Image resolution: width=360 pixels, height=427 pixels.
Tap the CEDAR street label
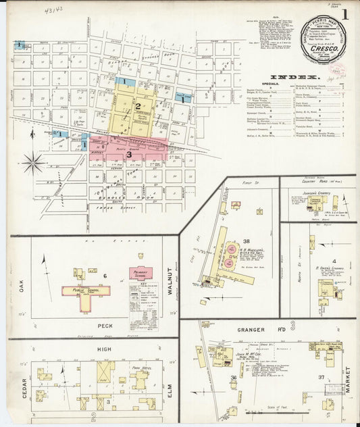[24, 384]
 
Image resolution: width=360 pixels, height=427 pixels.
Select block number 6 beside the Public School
[105, 276]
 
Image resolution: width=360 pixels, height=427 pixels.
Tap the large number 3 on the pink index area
[128, 154]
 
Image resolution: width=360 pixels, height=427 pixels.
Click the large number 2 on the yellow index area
[137, 106]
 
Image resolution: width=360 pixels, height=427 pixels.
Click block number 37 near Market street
[322, 377]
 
